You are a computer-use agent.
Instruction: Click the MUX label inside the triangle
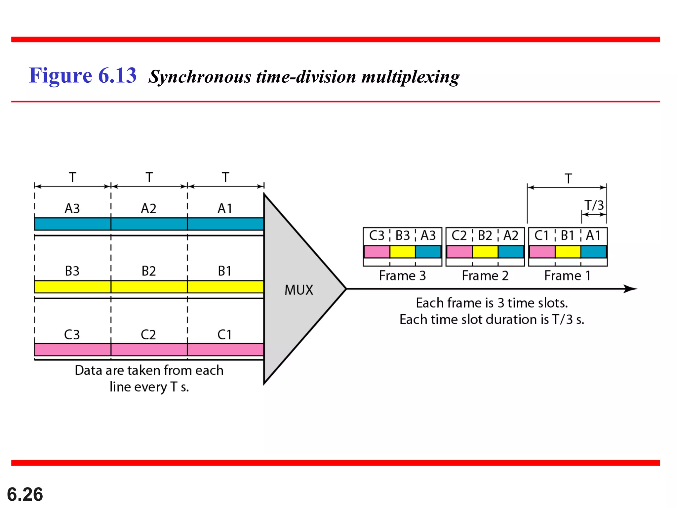click(x=299, y=290)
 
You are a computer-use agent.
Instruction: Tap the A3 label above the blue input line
click(x=72, y=209)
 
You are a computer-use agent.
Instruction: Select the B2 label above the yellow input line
click(x=148, y=271)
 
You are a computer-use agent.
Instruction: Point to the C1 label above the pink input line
click(x=224, y=335)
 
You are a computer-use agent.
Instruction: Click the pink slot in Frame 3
click(x=377, y=252)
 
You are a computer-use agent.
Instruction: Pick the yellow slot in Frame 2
click(x=485, y=252)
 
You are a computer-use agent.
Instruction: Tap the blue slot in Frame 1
click(x=594, y=252)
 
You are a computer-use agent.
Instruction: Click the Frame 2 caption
click(x=485, y=276)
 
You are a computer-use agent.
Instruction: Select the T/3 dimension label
click(x=594, y=205)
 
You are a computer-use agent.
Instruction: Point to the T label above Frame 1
click(x=568, y=179)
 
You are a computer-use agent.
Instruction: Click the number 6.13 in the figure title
click(x=117, y=75)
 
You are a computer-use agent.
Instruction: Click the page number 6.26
click(x=25, y=494)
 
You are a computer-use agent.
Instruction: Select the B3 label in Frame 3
click(x=403, y=236)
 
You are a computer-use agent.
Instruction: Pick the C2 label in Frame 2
click(x=459, y=236)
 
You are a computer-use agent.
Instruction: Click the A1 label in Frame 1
click(x=593, y=236)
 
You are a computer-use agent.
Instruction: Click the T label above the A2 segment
click(x=149, y=178)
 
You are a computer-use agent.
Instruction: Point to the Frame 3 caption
click(x=402, y=276)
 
